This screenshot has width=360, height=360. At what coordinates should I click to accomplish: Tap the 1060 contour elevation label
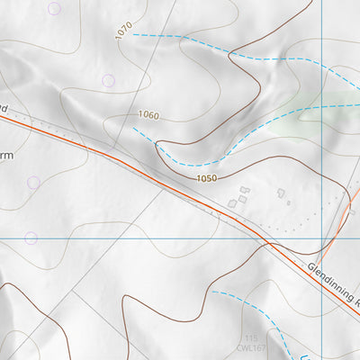pyautogui.click(x=149, y=115)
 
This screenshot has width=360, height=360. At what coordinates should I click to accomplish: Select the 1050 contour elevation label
pyautogui.click(x=206, y=180)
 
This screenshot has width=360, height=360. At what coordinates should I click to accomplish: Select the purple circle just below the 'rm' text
pyautogui.click(x=33, y=183)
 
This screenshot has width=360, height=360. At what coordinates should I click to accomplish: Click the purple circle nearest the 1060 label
pyautogui.click(x=108, y=81)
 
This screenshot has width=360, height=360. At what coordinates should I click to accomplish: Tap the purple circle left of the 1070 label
pyautogui.click(x=55, y=9)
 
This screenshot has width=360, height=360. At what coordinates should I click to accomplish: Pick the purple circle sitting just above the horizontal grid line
pyautogui.click(x=31, y=238)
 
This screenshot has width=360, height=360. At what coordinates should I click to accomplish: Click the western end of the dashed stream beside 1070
pyautogui.click(x=134, y=35)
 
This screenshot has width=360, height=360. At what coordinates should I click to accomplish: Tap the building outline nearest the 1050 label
pyautogui.click(x=232, y=204)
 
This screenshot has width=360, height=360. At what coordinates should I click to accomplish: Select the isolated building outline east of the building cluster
pyautogui.click(x=282, y=193)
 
